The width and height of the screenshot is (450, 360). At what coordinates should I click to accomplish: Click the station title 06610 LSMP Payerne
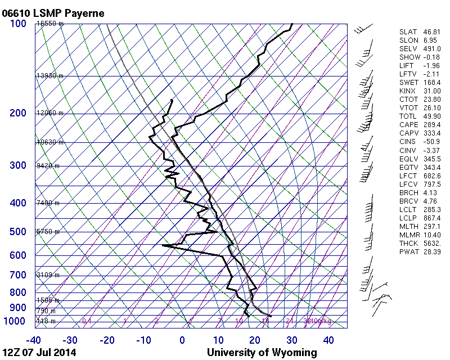(53, 12)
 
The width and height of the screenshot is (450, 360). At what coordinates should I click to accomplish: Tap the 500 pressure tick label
(18, 232)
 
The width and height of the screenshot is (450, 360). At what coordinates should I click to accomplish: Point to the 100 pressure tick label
(18, 24)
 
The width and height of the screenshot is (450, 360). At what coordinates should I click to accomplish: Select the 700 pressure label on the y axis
(18, 275)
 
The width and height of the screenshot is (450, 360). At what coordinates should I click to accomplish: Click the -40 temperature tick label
(34, 340)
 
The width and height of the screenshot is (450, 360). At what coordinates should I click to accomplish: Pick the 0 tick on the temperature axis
(182, 340)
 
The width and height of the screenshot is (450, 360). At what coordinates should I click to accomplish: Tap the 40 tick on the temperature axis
(328, 340)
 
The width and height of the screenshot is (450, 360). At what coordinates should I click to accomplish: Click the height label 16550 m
(49, 24)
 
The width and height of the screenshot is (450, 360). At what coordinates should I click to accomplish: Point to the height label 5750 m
(48, 232)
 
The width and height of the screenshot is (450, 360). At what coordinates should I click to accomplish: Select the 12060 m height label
(49, 113)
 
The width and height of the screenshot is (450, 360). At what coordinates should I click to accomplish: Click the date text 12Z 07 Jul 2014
(39, 353)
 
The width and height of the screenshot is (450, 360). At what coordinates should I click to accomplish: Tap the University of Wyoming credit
(262, 353)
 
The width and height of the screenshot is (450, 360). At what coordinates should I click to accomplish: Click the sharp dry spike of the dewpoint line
(163, 245)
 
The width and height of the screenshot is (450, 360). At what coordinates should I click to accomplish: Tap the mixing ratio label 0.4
(87, 321)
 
